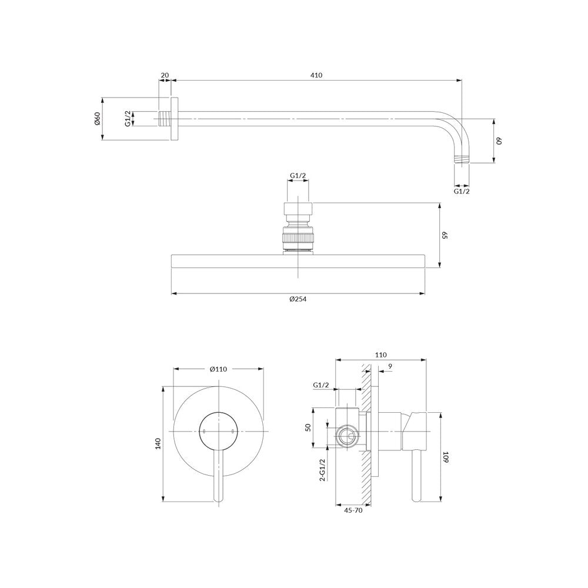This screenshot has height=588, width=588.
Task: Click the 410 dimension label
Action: click(x=316, y=75)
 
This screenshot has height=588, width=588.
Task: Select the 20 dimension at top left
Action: click(x=165, y=75)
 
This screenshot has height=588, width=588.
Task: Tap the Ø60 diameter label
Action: click(x=97, y=119)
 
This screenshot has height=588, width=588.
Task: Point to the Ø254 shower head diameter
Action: click(x=298, y=299)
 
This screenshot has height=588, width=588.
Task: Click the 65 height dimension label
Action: click(x=445, y=235)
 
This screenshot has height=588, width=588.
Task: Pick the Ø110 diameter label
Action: click(x=218, y=369)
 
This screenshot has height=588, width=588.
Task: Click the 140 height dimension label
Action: click(x=158, y=443)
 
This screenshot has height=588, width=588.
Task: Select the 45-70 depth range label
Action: click(x=353, y=510)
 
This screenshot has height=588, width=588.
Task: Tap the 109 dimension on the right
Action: click(x=446, y=457)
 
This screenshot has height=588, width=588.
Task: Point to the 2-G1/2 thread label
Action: click(x=322, y=470)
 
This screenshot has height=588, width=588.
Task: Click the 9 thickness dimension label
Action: click(x=390, y=366)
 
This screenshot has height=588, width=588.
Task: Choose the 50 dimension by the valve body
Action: click(x=308, y=427)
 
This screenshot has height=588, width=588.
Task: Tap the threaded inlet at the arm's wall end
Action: click(x=164, y=119)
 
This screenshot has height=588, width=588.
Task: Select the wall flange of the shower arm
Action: click(x=175, y=119)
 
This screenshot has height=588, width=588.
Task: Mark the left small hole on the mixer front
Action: click(x=203, y=431)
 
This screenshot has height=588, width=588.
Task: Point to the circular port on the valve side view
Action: click(x=348, y=436)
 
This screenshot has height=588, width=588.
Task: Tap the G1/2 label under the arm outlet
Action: click(x=462, y=191)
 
